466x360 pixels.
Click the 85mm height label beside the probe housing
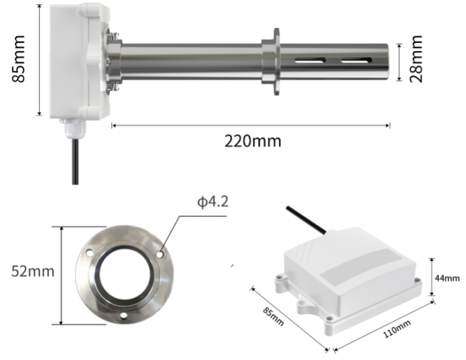pos(18,59)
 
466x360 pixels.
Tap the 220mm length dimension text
pos(253,141)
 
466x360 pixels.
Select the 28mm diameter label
pos(416,59)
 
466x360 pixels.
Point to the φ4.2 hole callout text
pos(213,202)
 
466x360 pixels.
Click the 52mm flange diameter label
pos(32,271)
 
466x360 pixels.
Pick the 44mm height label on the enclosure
pos(448,278)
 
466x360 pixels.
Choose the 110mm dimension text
pos(397,329)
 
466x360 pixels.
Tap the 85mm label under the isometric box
pos(273,316)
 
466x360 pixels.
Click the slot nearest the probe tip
pos(356,60)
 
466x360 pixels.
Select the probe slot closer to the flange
pos(310,60)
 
